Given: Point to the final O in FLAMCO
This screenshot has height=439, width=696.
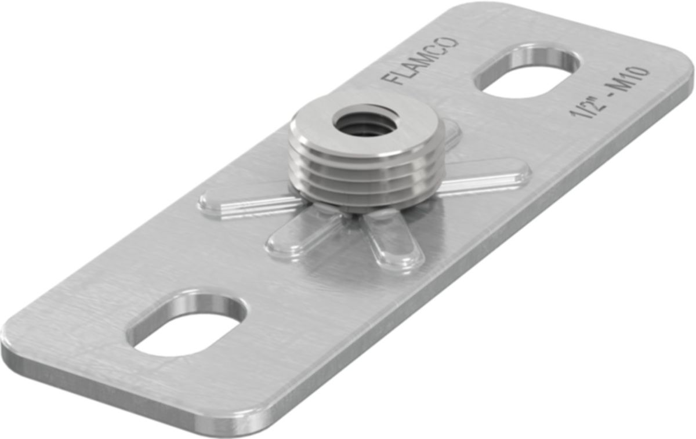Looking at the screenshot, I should point(450,44).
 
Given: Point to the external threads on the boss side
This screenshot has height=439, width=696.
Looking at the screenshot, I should point(365,180).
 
